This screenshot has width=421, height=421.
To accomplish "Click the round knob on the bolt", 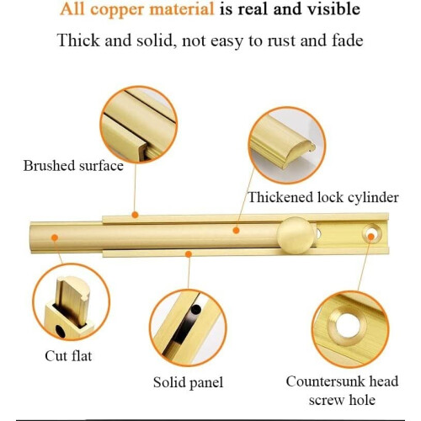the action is (x=296, y=235).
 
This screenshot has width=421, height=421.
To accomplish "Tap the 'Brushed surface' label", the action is (x=73, y=166).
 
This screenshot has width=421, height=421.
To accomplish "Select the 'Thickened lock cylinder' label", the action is (x=323, y=197).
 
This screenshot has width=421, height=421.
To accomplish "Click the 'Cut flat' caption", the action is (x=68, y=356).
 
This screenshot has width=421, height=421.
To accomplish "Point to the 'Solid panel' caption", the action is (x=188, y=382).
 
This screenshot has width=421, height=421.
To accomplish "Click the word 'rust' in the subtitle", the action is (x=281, y=40).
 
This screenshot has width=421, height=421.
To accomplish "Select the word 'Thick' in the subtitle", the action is (x=78, y=40).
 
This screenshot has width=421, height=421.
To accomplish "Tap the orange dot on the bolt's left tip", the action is (x=55, y=237).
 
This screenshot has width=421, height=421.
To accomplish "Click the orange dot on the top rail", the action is (x=135, y=215).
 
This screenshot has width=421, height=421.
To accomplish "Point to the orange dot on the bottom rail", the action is (x=189, y=254).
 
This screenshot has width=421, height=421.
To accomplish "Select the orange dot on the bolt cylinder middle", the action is (x=237, y=231).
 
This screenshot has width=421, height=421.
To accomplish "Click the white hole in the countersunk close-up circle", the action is (x=348, y=327).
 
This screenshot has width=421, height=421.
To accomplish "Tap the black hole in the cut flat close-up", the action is (x=60, y=331).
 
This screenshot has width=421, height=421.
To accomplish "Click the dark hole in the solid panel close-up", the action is (x=195, y=309).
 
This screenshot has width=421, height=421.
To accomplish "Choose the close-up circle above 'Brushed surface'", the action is (x=139, y=125).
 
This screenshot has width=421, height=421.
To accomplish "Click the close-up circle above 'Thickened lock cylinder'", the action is (x=287, y=145).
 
